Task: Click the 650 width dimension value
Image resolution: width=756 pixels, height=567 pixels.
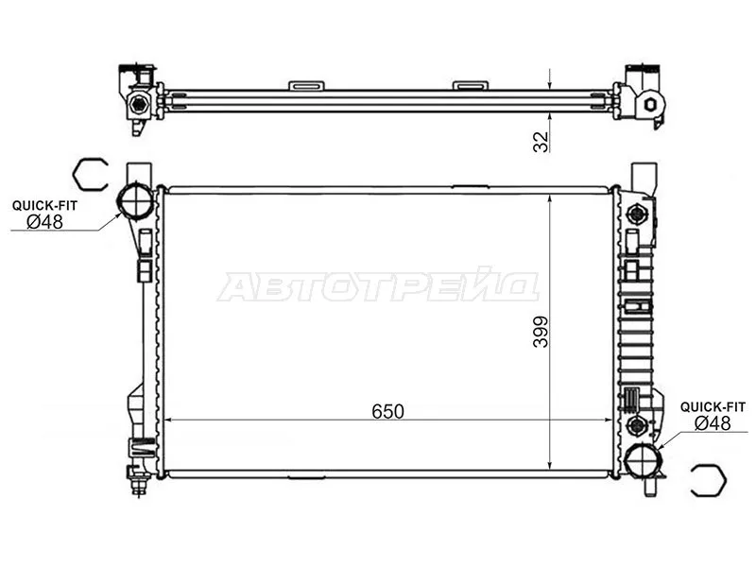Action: [387, 411]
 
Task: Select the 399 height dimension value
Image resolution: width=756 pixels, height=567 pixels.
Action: [541, 332]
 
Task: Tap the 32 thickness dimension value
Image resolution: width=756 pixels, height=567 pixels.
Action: [541, 142]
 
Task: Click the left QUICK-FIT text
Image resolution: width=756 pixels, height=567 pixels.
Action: [44, 206]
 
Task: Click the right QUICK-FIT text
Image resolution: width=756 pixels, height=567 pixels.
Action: [713, 407]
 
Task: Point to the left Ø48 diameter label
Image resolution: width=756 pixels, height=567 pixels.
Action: [44, 222]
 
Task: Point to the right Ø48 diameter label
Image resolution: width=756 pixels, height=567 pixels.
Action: [713, 423]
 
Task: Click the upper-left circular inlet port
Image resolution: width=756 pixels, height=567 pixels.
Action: [135, 200]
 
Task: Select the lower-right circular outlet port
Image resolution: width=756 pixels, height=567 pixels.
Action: [641, 460]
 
